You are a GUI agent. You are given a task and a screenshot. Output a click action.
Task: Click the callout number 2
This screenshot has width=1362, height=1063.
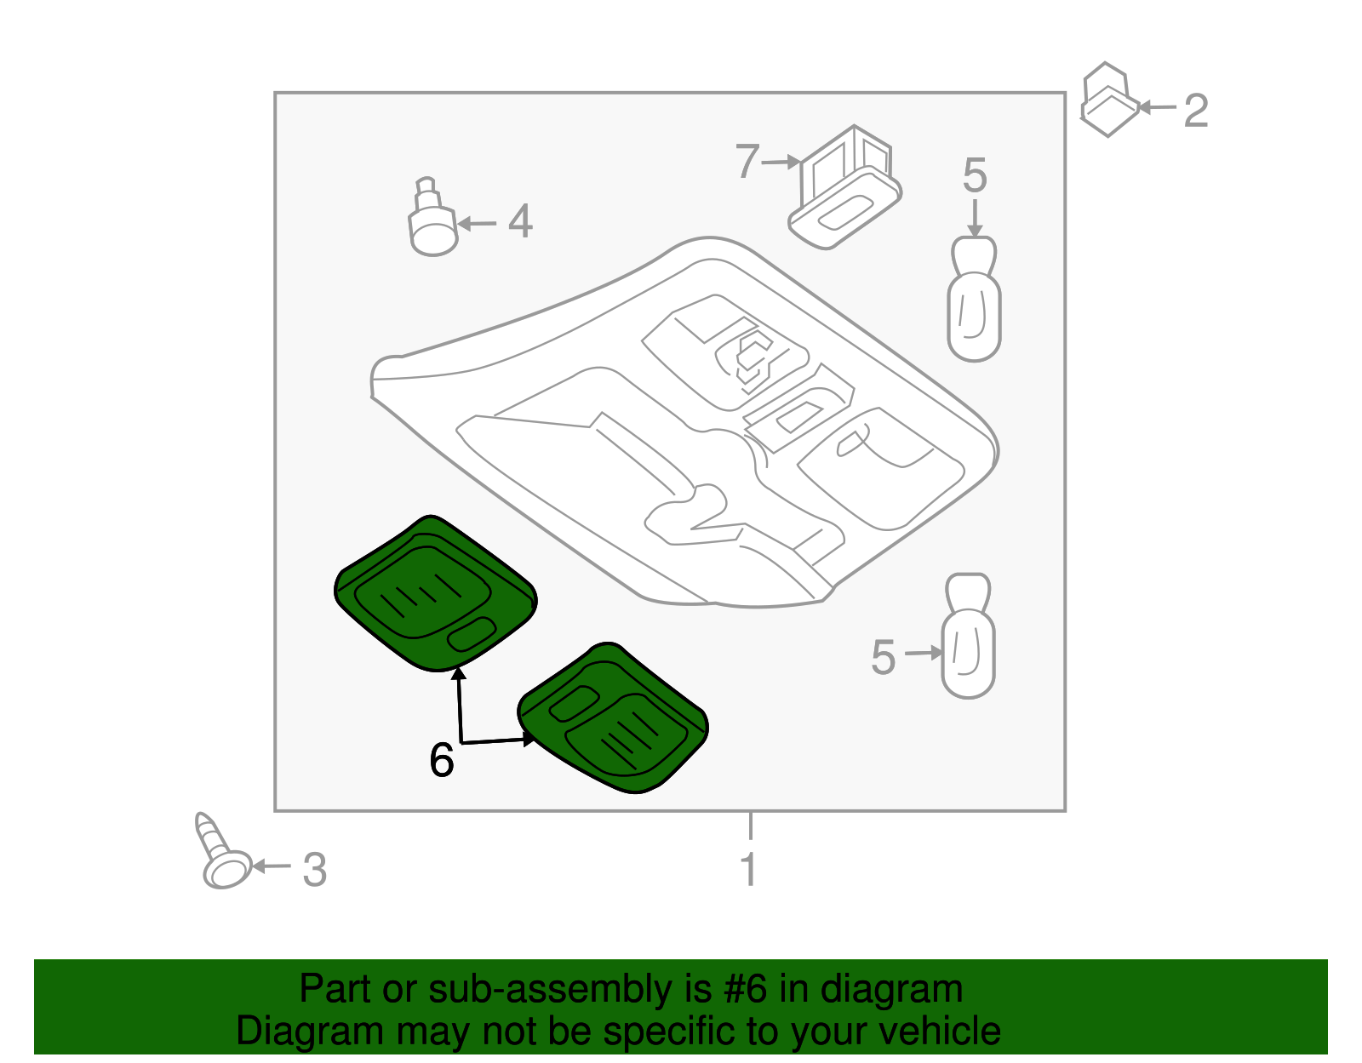coord(1196,111)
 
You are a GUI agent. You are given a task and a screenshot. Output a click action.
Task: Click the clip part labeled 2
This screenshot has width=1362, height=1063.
coord(1108,101)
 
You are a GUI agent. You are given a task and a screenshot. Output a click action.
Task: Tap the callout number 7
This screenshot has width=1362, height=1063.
coord(747,162)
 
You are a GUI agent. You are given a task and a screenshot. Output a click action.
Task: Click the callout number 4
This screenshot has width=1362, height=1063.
coord(520,221)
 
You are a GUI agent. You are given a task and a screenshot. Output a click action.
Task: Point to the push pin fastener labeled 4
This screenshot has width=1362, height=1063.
coord(432,221)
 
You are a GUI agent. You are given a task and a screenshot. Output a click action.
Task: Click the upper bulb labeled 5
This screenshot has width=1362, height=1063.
coord(974,302)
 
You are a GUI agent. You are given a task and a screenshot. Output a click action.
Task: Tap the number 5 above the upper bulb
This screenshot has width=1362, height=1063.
coord(975,176)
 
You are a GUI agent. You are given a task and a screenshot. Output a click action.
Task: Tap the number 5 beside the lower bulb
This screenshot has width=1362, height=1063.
coord(884,658)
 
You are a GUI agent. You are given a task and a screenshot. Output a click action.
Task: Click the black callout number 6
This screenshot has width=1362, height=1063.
coord(442,760)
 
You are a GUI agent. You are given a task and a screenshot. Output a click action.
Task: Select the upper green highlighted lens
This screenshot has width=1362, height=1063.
coord(434,593)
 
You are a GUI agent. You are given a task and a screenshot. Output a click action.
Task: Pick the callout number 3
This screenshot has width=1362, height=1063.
coord(315,871)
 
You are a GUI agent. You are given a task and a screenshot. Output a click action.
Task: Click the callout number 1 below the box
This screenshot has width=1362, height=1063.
coord(748,870)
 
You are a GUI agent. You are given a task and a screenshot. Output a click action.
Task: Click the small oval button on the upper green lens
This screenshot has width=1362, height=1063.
coord(471,634)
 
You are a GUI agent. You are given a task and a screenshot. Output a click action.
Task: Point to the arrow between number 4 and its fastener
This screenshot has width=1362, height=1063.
coord(478,224)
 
